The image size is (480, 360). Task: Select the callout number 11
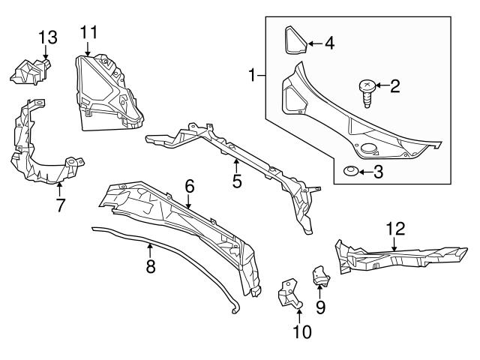tap(88, 32)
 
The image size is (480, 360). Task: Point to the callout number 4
tap(328, 43)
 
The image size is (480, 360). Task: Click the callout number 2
tap(394, 87)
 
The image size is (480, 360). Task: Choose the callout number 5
tap(236, 181)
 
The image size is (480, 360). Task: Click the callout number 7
tap(60, 204)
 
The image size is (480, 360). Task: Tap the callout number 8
tap(150, 266)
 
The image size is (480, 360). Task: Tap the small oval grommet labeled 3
tap(349, 172)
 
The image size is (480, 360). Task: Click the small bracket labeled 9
tap(321, 277)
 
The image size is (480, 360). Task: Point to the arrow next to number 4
tap(313, 43)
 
